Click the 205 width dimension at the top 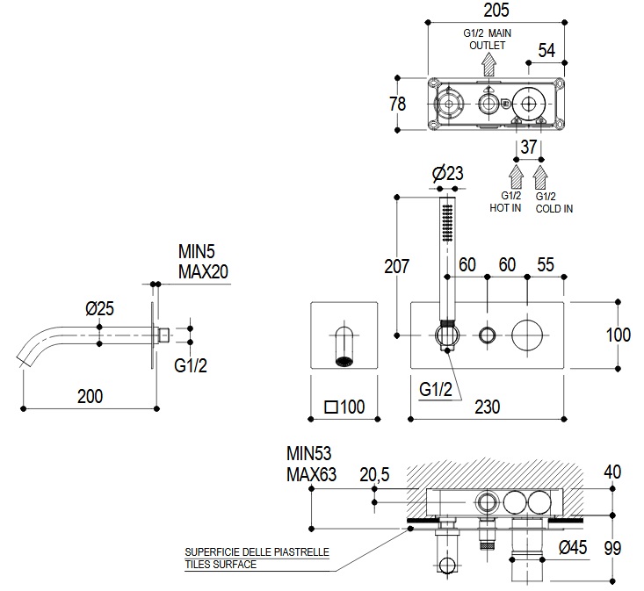click(496, 11)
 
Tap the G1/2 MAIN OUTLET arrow click(488, 64)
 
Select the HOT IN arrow click(516, 177)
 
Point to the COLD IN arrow click(540, 177)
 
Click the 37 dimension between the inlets click(529, 147)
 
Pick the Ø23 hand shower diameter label click(448, 173)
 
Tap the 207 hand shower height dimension click(396, 266)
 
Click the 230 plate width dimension click(488, 407)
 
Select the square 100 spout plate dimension click(344, 407)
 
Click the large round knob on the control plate click(527, 335)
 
